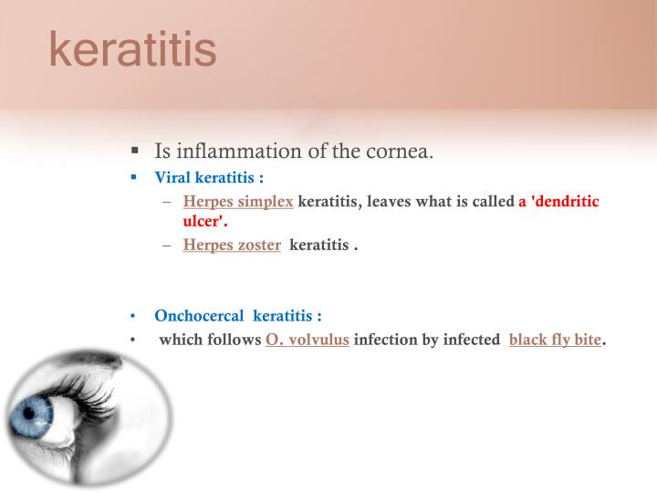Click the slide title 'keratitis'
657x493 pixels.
132,50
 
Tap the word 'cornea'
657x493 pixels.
397,151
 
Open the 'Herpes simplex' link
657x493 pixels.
237,202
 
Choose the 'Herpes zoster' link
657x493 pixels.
232,245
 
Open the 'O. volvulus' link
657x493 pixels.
307,341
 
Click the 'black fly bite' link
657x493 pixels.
555,341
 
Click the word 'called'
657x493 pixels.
492,202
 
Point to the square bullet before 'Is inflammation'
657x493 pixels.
134,151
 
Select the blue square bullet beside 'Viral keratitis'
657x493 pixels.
134,177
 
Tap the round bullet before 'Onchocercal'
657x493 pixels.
133,317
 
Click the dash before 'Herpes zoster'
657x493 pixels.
167,245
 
